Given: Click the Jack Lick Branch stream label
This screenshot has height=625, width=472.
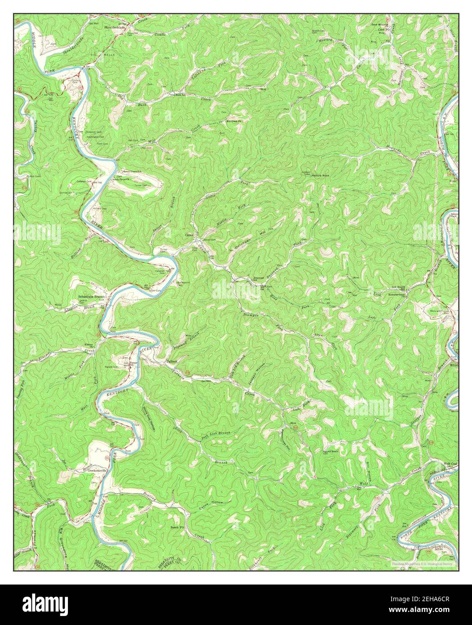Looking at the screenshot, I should click(216, 434).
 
